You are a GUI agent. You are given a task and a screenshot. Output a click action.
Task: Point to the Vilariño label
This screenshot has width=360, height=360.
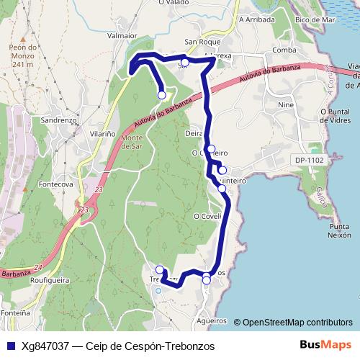pos(102,133)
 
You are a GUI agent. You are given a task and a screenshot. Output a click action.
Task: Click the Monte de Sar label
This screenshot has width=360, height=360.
pos(132,142)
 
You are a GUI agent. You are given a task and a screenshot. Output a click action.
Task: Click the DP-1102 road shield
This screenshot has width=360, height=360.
pos(309,160)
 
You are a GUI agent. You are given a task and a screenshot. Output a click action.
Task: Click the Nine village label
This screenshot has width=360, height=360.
pos(284,105)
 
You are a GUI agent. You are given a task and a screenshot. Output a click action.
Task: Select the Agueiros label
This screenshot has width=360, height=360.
pos(212,320)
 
